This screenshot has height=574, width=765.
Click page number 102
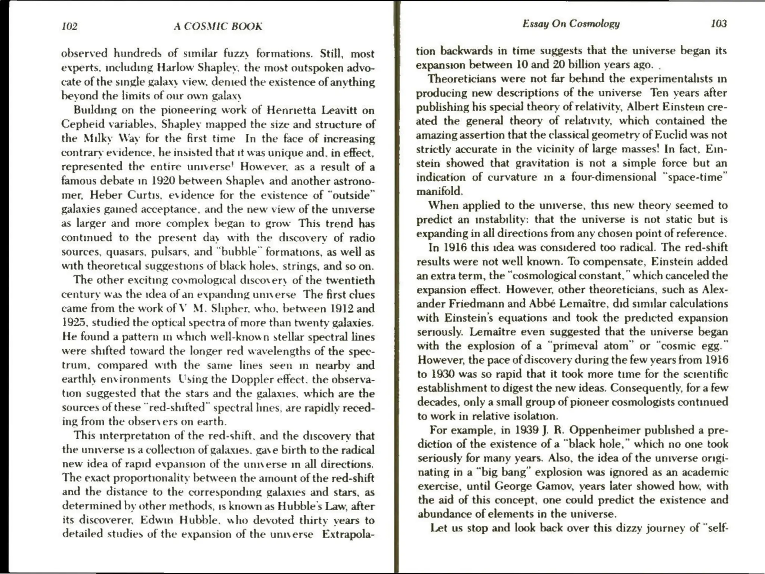(x=69, y=27)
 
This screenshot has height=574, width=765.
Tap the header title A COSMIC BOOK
(x=218, y=27)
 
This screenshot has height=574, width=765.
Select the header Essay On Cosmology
(x=571, y=24)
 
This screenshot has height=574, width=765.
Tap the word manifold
(x=440, y=191)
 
